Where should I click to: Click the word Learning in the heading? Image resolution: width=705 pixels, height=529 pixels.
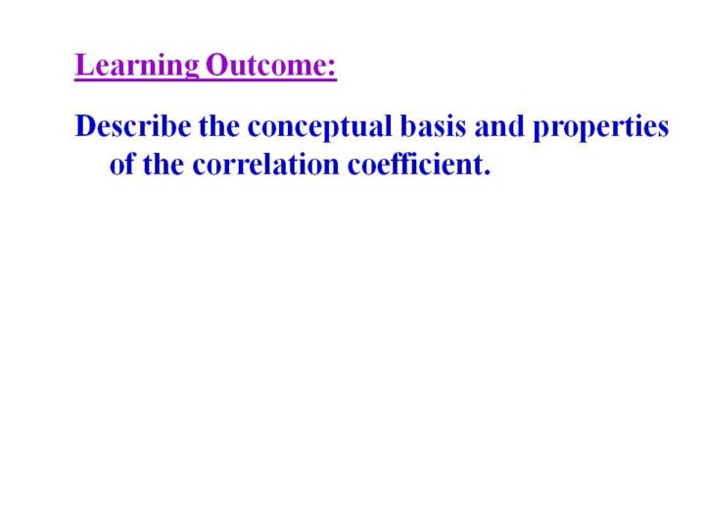[x=137, y=67]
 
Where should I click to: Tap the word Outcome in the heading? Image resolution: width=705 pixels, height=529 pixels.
[x=265, y=65]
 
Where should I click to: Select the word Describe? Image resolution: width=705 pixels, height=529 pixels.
[x=133, y=126]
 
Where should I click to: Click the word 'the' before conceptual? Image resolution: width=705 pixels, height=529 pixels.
[x=219, y=126]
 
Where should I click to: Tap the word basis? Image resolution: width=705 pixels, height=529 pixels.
[x=433, y=126]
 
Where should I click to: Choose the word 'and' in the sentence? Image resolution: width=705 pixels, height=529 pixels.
[x=499, y=126]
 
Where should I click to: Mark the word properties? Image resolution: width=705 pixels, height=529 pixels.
[x=600, y=127]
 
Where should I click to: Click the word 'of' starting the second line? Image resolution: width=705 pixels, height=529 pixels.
[x=122, y=164]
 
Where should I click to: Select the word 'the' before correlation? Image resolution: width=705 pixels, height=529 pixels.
[x=164, y=164]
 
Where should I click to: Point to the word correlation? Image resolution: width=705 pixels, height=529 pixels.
[x=265, y=164]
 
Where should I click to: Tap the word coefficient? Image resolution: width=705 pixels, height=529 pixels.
[x=415, y=164]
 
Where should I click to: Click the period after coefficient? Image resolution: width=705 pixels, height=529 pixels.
[x=487, y=172]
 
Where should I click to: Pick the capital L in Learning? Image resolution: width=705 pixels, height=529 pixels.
[x=84, y=65]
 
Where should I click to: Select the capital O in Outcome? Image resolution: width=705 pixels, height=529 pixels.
[x=217, y=65]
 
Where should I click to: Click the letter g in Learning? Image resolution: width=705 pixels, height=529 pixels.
[x=190, y=70]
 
